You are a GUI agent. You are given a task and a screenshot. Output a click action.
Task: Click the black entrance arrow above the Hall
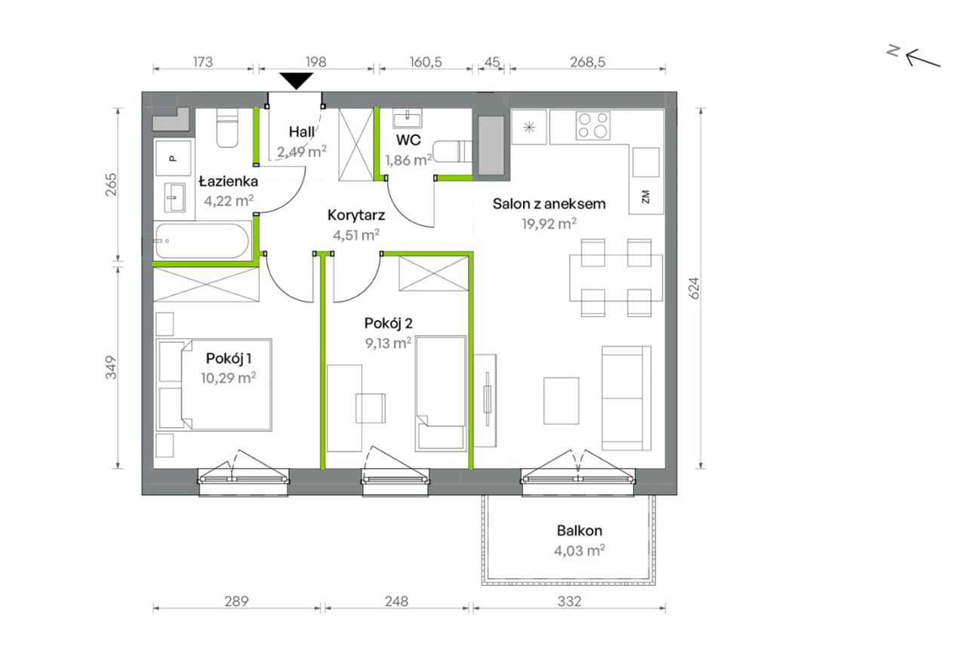pyautogui.click(x=296, y=81)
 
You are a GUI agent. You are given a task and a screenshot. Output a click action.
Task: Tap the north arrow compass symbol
pyautogui.click(x=913, y=57)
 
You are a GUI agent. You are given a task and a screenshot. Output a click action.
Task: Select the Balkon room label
pyautogui.click(x=579, y=531)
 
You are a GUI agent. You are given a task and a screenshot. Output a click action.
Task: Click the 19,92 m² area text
pyautogui.click(x=549, y=224)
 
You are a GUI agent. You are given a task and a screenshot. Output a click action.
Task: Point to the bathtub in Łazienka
pyautogui.click(x=202, y=241)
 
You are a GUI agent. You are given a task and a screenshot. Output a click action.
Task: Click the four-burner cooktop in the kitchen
pyautogui.click(x=592, y=125)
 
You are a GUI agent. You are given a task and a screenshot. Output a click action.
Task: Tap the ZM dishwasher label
pyautogui.click(x=645, y=197)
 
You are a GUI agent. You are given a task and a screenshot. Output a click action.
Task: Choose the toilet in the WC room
pyautogui.click(x=452, y=152)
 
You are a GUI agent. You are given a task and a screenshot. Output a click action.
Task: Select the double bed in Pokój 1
pyautogui.click(x=214, y=385)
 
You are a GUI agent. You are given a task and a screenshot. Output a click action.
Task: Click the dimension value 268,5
pyautogui.click(x=587, y=62)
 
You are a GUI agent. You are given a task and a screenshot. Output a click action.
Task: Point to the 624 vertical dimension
pyautogui.click(x=694, y=288)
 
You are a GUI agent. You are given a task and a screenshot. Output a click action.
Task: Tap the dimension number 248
pyautogui.click(x=396, y=601)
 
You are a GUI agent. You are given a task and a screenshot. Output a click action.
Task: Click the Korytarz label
pyautogui.click(x=355, y=215)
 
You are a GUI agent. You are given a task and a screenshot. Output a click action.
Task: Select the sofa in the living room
pyautogui.click(x=626, y=398)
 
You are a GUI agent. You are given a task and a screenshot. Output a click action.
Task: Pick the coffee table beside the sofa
pyautogui.click(x=561, y=401)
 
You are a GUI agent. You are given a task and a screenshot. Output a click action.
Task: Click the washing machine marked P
pyautogui.click(x=173, y=158)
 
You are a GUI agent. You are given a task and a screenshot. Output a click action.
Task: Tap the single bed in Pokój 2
pyautogui.click(x=441, y=394)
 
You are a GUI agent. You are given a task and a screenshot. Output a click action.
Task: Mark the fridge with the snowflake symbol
pyautogui.click(x=529, y=128)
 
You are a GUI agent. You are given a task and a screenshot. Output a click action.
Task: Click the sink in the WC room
pyautogui.click(x=407, y=119)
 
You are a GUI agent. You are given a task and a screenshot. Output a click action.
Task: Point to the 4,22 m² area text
pyautogui.click(x=229, y=201)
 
